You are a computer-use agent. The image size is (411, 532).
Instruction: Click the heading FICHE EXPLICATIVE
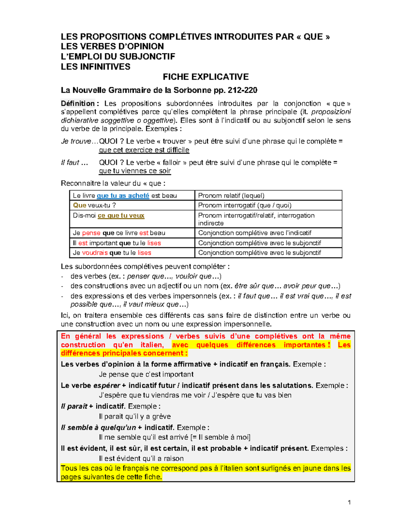click(206, 77)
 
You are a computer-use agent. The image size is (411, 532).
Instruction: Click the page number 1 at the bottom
click(349, 503)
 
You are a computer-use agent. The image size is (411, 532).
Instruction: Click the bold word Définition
click(78, 103)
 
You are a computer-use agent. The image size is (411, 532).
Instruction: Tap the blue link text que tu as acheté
click(123, 196)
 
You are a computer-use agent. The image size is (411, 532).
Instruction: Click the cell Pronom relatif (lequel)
click(231, 196)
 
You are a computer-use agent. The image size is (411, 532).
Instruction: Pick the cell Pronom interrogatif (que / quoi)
click(245, 205)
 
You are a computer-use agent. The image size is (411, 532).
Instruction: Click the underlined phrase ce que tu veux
click(121, 215)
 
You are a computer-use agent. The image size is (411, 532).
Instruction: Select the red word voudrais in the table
click(95, 253)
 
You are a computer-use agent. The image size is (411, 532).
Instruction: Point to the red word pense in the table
click(91, 233)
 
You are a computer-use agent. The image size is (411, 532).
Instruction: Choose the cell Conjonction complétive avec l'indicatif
click(254, 233)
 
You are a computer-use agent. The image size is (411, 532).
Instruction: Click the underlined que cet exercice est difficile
click(144, 150)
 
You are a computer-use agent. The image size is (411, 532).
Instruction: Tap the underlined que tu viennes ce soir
click(135, 171)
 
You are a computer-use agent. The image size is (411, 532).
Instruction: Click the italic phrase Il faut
click(70, 162)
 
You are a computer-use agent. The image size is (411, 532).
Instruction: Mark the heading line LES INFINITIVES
click(96, 67)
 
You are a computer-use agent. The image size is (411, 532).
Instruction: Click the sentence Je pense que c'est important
click(146, 374)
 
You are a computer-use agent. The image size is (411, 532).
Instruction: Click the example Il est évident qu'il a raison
click(141, 458)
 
